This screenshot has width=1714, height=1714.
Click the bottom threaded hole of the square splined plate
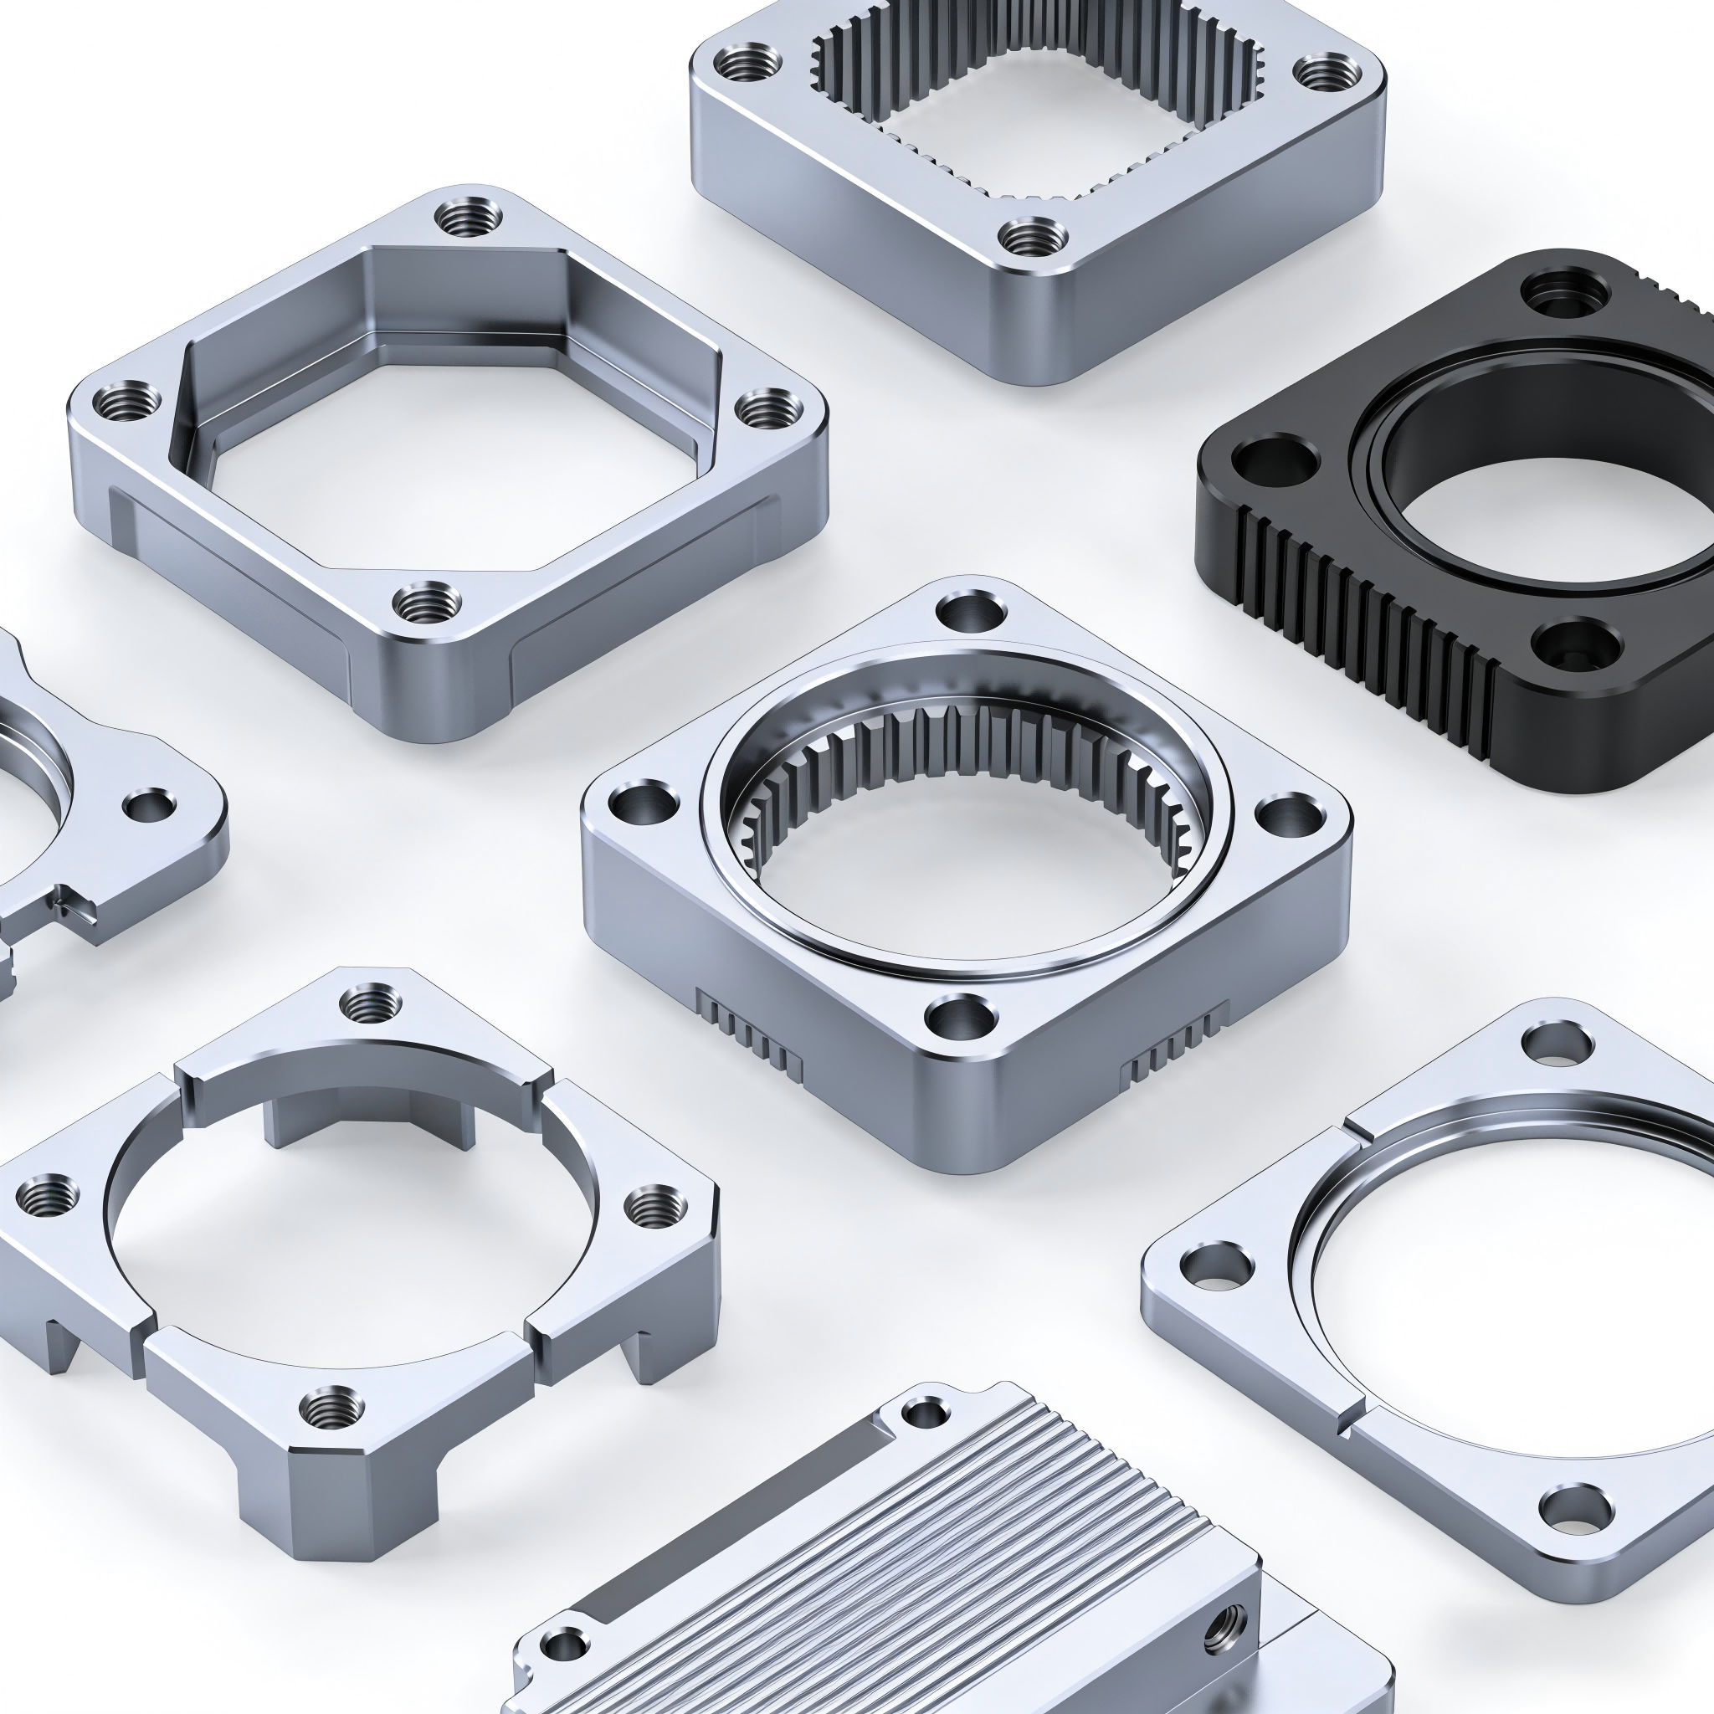click(x=1033, y=237)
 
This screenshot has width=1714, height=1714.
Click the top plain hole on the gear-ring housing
click(x=972, y=611)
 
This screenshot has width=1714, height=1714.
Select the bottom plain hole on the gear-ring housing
click(x=961, y=1017)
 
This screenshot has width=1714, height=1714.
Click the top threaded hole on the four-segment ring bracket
click(x=371, y=1005)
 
